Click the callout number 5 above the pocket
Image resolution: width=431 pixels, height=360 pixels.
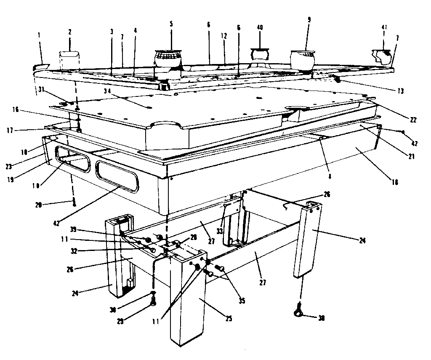pos(171,24)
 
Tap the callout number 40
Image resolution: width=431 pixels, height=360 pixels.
pos(260,27)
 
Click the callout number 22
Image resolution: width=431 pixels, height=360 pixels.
pos(413,120)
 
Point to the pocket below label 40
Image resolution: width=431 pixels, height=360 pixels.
pos(259,53)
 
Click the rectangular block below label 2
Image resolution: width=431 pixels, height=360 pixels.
pos(69,60)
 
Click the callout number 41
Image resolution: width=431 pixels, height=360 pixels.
pos(384,27)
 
